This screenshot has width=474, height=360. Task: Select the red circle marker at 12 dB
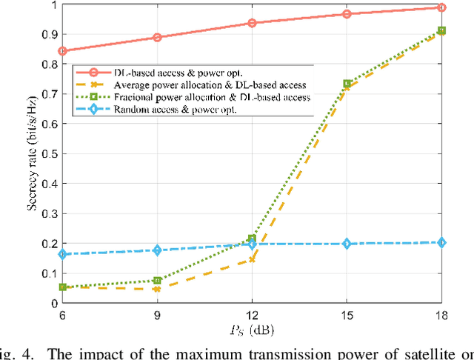pyautogui.click(x=252, y=23)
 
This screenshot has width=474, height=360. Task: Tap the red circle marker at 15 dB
pyautogui.click(x=347, y=14)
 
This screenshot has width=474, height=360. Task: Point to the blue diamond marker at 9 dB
pyautogui.click(x=157, y=250)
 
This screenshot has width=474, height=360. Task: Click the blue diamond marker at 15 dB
pyautogui.click(x=347, y=244)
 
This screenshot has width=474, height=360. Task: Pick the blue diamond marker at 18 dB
pyautogui.click(x=441, y=242)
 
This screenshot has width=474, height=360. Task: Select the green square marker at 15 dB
pyautogui.click(x=347, y=84)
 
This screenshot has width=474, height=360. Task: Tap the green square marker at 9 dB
pyautogui.click(x=157, y=281)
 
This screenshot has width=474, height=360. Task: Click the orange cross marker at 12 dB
pyautogui.click(x=252, y=260)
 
